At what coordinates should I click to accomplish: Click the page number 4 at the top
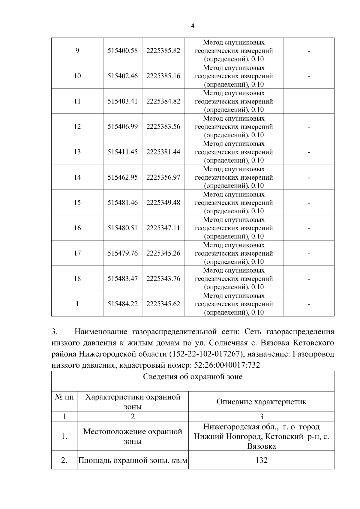point(193,26)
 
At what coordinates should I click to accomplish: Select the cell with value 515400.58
point(122,51)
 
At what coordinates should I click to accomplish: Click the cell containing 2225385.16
point(163,76)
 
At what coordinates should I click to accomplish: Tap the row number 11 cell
point(77,101)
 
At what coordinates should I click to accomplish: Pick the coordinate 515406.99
point(122,127)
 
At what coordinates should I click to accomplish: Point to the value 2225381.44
point(163,152)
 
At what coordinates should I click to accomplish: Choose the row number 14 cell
point(77,177)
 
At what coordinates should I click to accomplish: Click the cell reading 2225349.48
point(163,203)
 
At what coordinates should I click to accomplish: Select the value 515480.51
point(122,228)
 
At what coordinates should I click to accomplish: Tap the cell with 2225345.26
point(163,253)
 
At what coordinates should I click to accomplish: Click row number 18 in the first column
point(77,279)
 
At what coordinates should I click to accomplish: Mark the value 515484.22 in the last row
point(122,304)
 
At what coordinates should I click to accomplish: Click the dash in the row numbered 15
point(308,203)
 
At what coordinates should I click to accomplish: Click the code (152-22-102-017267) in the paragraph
point(206,354)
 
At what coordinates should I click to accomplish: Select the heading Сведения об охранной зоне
point(193,377)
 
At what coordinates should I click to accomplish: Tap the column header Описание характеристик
point(261,402)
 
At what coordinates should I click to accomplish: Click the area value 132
point(261,460)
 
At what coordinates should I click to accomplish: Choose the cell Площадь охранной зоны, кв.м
point(133,460)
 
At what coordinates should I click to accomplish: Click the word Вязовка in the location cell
point(261,446)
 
